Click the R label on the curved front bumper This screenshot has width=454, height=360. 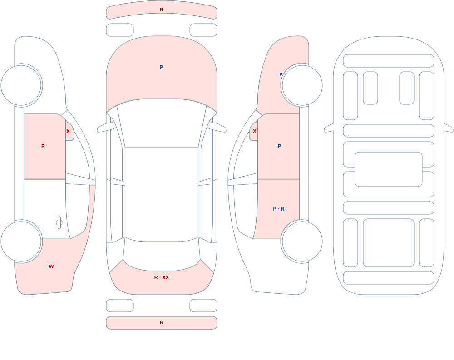point(162,10)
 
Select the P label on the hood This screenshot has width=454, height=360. point(162,67)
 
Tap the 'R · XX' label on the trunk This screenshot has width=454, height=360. point(162,277)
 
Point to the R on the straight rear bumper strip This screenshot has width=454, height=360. point(162,322)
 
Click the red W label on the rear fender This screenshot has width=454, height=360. point(51,266)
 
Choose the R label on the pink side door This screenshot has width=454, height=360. point(43,146)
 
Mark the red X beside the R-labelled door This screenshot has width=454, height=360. point(68,131)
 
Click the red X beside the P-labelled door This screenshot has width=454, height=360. point(255,131)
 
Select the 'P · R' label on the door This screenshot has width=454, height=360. point(279,209)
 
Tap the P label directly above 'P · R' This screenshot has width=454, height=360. point(279,146)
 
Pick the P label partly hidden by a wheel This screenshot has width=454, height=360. point(280,74)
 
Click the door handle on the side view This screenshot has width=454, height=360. point(59,223)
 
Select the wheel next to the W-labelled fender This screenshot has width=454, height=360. point(21,241)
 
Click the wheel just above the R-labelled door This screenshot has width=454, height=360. point(21,85)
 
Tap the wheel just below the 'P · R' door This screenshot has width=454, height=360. point(302,241)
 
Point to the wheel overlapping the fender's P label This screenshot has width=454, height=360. point(302,85)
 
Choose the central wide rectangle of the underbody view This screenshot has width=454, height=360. point(389,169)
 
